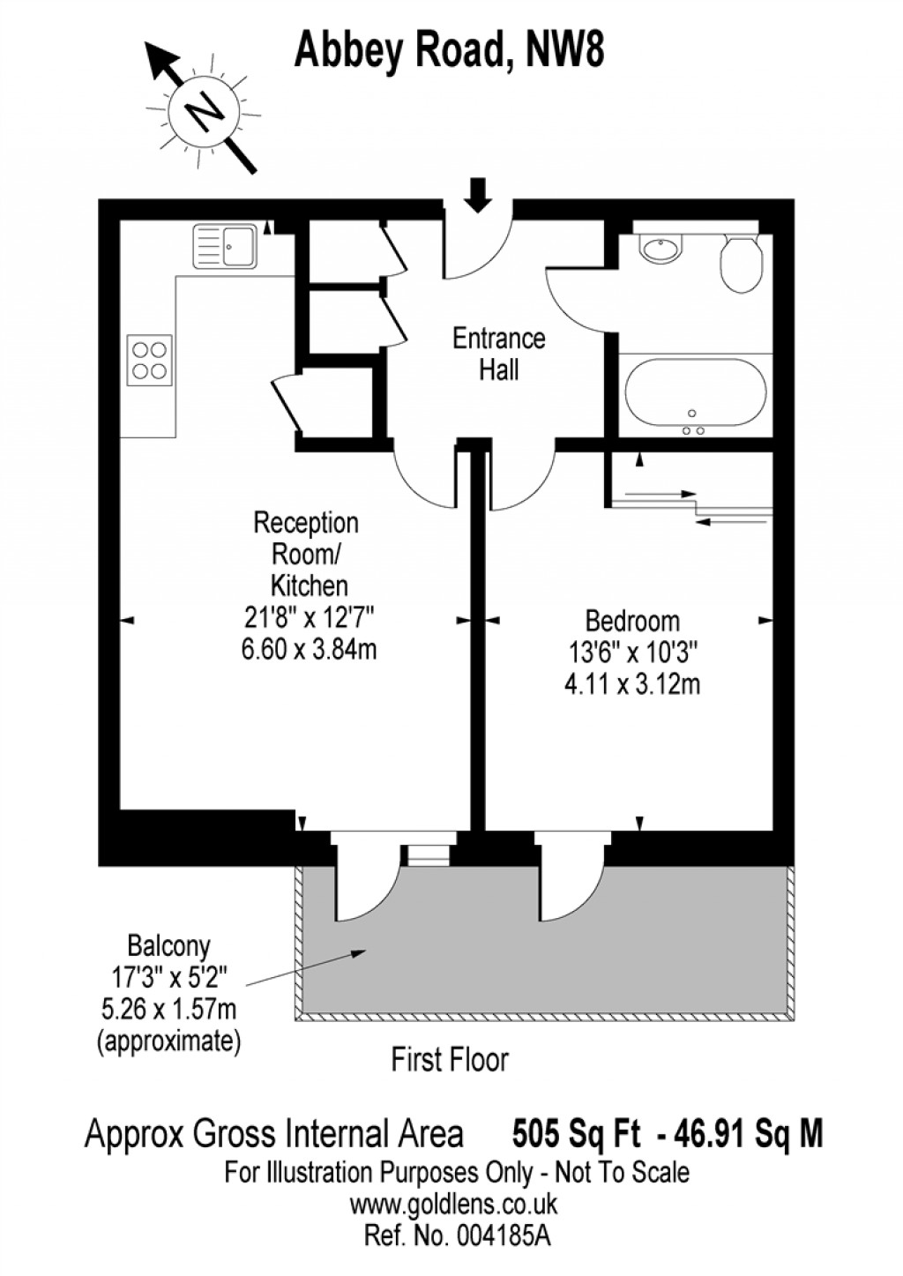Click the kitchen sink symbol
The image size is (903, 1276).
tap(225, 246)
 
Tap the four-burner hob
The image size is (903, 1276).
tap(149, 360)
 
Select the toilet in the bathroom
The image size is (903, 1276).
tap(741, 262)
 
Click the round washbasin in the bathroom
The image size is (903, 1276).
tap(660, 249)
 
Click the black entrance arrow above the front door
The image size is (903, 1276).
tap(478, 194)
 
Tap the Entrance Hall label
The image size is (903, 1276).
tap(498, 354)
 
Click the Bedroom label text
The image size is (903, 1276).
tap(632, 621)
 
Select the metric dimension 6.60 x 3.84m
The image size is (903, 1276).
tap(309, 649)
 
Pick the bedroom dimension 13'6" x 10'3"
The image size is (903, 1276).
tap(632, 653)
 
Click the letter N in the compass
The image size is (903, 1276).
tap(205, 111)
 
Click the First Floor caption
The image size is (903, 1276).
tap(450, 1059)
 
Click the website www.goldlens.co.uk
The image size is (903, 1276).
tap(453, 1204)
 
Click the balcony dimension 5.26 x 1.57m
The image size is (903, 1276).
tap(168, 1008)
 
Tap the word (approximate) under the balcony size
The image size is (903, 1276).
tap(168, 1041)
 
